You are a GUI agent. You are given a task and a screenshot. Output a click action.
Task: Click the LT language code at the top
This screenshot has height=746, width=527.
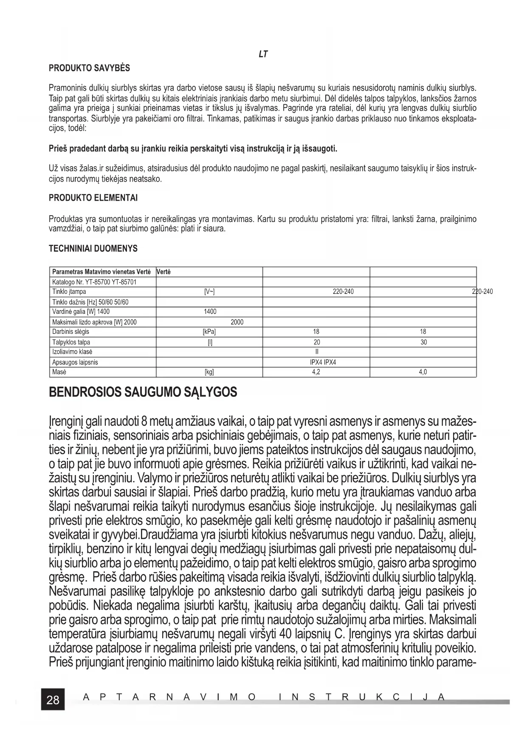[x=263, y=54]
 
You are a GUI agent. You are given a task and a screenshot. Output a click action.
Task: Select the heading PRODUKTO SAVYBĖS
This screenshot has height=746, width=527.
[x=89, y=68]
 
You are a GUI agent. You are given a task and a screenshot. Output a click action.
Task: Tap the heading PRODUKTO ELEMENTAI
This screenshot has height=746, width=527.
[x=93, y=198]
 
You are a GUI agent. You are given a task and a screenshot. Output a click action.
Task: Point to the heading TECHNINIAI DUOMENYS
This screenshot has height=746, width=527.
[x=93, y=248]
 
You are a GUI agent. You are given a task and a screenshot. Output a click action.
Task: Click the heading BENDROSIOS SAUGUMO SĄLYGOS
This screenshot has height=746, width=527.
[x=143, y=392]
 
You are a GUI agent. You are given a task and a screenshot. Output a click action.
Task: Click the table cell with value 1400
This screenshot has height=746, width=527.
[x=210, y=312]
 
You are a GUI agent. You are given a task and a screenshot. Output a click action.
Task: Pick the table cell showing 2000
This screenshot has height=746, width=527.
[x=237, y=322]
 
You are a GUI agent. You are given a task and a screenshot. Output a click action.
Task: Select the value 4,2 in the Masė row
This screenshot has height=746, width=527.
[x=316, y=372]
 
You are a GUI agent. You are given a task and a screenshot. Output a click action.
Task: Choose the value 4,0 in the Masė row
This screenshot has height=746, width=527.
[x=423, y=372]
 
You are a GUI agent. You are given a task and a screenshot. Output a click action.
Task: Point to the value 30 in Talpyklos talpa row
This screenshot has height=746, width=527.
[x=423, y=342]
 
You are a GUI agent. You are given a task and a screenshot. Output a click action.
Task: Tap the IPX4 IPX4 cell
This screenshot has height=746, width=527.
[x=317, y=362]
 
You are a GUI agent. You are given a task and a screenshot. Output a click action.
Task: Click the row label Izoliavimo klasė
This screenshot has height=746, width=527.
[x=72, y=352]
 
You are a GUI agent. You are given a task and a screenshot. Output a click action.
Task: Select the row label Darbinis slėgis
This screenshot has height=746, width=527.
[x=70, y=332]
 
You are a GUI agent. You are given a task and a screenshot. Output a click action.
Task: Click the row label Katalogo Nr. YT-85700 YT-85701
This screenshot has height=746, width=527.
[x=94, y=282]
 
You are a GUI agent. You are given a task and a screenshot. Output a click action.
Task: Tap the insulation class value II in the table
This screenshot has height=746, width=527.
[x=317, y=352]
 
